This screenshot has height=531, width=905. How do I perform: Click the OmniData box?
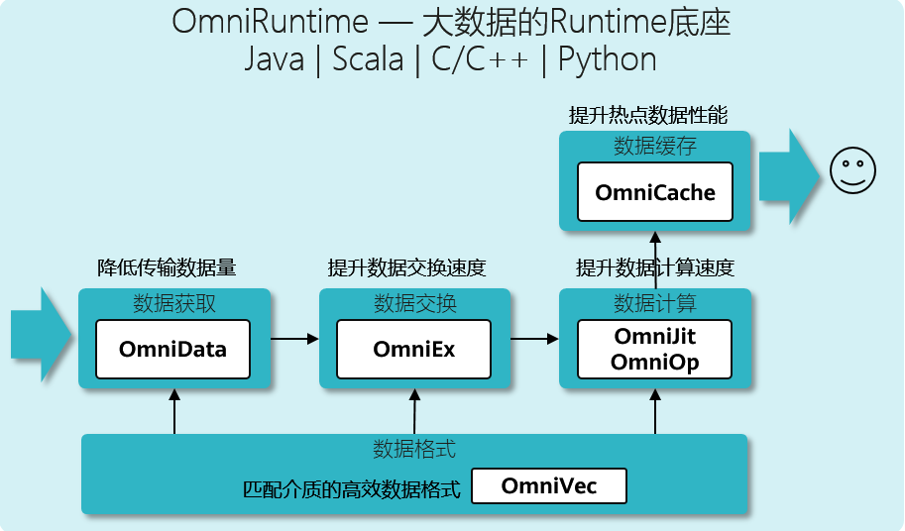coord(173,350)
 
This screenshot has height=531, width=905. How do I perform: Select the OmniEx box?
coord(413,350)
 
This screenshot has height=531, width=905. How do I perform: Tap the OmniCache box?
coord(655,192)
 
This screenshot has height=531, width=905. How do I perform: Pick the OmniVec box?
coord(549,486)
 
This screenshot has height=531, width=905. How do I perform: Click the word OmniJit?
coord(655,336)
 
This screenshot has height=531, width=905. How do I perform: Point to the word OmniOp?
coord(655,362)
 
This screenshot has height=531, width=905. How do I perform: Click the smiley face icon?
coord(852,170)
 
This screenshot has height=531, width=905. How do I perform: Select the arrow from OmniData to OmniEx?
coord(294,339)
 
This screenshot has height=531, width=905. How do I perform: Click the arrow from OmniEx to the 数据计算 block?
coord(534,339)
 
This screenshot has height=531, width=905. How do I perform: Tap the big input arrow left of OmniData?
coord(41,335)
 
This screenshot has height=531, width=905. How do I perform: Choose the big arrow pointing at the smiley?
coord(789,176)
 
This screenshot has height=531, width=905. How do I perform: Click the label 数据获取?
coord(174,303)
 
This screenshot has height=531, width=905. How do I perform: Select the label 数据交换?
coord(415,303)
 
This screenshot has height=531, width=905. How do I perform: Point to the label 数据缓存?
coord(655,146)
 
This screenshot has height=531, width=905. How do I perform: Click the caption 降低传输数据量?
coord(167,267)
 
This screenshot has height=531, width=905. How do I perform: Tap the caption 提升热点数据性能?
coord(648,115)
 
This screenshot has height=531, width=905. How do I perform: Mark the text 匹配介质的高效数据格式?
coord(352,489)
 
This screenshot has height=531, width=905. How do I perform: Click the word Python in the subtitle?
coord(608,59)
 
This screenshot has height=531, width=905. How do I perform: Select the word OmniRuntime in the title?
coord(271,22)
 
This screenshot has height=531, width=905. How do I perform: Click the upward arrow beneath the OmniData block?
coord(174,412)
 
